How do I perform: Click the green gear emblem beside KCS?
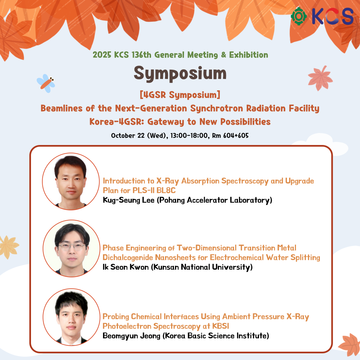pos(299,16)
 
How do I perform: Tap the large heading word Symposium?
pos(180,73)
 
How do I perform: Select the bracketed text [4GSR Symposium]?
pos(180,95)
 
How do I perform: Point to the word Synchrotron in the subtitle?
pos(217,108)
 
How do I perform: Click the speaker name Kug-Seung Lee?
pos(129,200)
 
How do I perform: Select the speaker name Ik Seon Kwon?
pos(126,267)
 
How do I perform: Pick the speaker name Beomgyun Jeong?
pos(131,336)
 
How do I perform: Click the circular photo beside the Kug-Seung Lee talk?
pos(71,181)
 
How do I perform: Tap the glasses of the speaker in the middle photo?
pos(72,247)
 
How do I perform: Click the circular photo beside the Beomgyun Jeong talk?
pos(71,317)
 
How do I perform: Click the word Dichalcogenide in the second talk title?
pos(128,258)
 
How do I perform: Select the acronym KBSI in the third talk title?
pos(221,326)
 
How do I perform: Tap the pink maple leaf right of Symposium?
pos(320,78)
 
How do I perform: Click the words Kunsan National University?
pos(202,267)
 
